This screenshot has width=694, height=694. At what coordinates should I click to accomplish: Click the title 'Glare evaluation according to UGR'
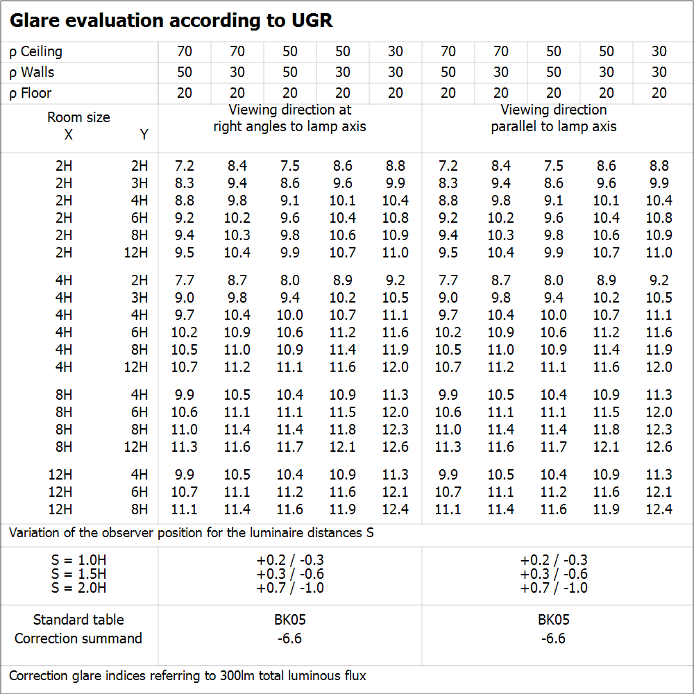tap(171, 21)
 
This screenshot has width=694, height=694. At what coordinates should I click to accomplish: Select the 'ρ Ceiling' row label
tap(36, 51)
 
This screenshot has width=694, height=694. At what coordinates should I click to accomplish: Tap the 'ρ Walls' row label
tap(32, 72)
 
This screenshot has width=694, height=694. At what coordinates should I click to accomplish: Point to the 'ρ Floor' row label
tap(31, 93)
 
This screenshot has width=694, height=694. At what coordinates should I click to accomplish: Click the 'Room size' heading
tap(78, 117)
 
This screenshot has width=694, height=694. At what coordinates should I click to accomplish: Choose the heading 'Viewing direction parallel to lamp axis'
tap(553, 118)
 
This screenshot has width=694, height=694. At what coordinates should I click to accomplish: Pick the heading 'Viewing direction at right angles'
tap(289, 118)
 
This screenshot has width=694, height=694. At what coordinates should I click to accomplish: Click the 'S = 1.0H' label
tap(78, 560)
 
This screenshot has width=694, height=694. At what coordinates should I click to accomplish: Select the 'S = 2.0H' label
tap(78, 588)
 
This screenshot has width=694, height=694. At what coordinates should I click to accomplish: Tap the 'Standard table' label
tap(78, 620)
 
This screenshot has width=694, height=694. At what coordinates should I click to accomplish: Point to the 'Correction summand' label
tap(78, 638)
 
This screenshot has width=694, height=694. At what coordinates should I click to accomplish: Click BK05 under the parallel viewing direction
tap(553, 620)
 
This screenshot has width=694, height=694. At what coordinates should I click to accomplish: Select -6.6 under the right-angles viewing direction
tap(289, 638)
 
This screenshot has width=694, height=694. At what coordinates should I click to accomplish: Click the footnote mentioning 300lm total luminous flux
tap(187, 675)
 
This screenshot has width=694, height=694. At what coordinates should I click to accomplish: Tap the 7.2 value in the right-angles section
tap(185, 166)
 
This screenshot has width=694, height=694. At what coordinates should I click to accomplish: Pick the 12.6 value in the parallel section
tap(659, 447)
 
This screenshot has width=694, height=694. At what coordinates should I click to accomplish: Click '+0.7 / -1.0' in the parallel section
tap(553, 588)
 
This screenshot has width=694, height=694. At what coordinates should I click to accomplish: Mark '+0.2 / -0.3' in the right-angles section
tap(289, 560)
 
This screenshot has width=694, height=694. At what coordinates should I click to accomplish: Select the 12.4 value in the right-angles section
tap(395, 509)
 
